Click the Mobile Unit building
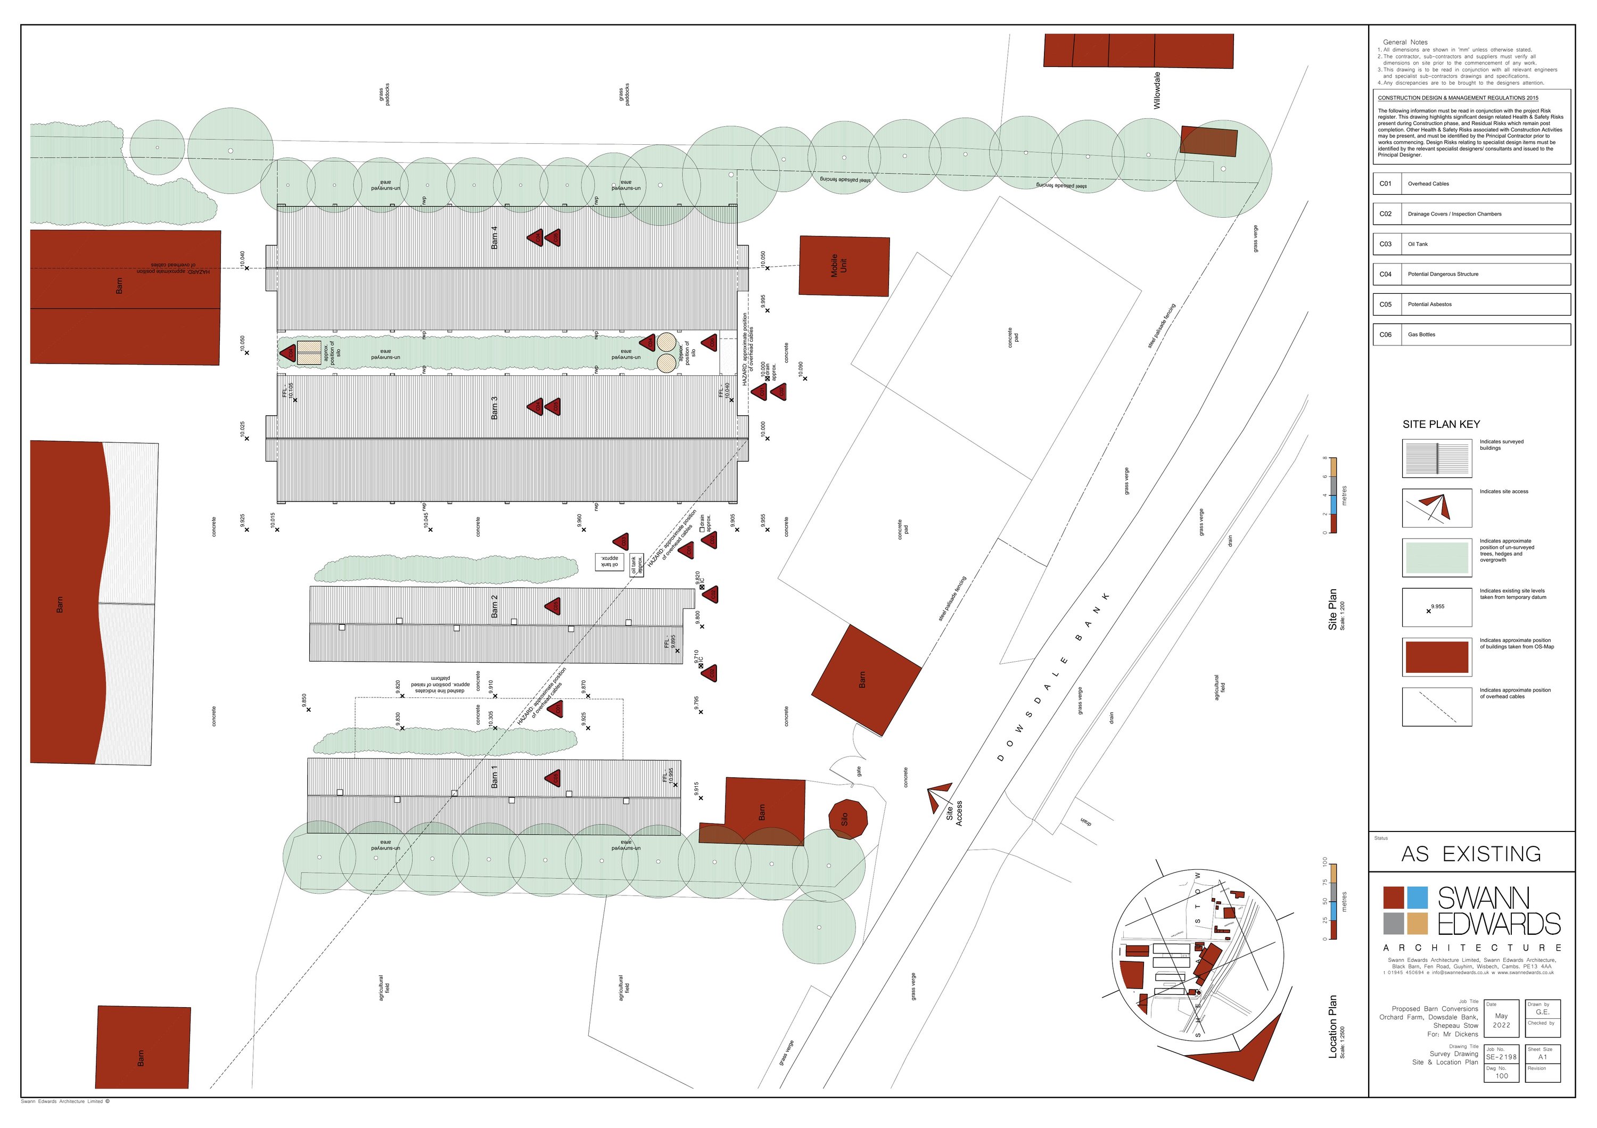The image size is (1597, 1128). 844,266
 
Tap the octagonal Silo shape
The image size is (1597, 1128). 848,819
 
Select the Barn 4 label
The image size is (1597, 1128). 495,237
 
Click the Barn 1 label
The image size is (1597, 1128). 495,777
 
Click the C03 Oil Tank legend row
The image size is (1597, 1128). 1471,244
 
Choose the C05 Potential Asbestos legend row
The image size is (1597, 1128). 1471,304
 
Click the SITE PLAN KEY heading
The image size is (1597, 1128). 1440,424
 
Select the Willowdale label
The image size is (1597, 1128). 1157,90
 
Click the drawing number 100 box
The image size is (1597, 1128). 1501,1072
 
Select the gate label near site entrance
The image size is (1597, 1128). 859,771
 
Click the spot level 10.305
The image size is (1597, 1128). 492,720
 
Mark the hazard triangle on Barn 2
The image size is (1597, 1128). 553,606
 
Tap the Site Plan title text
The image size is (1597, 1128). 1332,609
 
